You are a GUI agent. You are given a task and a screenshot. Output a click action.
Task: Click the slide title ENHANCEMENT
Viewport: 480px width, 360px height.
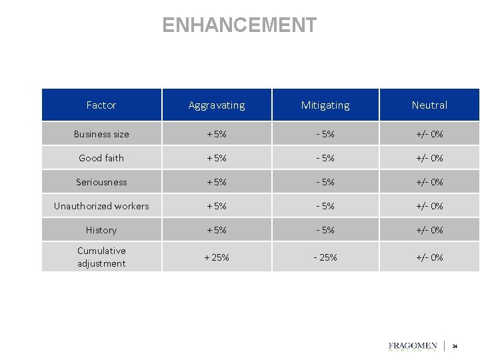(239, 25)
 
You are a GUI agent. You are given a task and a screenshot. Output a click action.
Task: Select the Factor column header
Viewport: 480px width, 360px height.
(101, 105)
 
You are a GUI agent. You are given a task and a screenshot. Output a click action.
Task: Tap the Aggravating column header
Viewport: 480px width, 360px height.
(217, 105)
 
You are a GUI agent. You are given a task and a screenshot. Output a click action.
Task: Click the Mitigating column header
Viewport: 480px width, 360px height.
(325, 105)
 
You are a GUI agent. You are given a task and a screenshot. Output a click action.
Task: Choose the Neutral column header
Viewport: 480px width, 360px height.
(429, 105)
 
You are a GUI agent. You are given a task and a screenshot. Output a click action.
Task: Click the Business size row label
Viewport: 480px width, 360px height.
(101, 134)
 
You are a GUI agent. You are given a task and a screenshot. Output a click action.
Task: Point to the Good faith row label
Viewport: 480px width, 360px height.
(101, 158)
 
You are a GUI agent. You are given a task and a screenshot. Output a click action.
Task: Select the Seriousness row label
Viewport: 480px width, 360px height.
(101, 182)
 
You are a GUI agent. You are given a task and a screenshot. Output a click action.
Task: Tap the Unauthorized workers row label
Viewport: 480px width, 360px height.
(101, 206)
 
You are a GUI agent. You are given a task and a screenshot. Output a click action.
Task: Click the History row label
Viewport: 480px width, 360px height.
(101, 230)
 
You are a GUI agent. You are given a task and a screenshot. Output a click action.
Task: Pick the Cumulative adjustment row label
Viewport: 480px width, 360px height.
(101, 257)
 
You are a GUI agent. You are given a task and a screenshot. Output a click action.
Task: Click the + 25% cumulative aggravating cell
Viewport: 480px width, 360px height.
(217, 257)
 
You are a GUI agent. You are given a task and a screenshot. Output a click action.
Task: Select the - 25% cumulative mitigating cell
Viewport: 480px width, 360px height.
(325, 257)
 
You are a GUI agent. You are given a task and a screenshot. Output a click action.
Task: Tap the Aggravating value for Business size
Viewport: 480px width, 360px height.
(217, 134)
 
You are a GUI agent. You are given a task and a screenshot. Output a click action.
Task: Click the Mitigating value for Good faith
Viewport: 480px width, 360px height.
(325, 158)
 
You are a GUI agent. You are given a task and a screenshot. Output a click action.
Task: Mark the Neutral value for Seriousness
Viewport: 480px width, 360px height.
(429, 182)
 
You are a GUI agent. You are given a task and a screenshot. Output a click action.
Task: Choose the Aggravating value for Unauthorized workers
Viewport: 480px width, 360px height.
(217, 206)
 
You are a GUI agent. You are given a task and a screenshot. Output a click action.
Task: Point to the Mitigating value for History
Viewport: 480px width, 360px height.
(325, 230)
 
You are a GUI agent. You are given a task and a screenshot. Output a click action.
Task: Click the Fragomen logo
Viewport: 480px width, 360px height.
(413, 347)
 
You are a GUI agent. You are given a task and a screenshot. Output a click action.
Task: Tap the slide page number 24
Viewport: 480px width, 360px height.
(455, 347)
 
